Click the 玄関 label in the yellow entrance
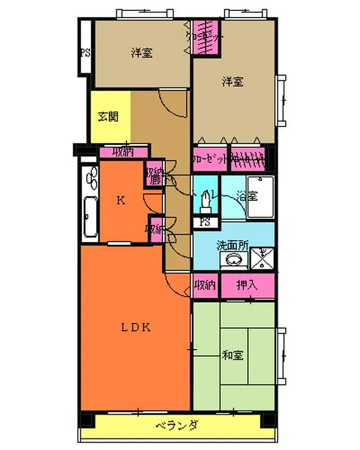click(109, 117)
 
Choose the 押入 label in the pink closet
click(246, 284)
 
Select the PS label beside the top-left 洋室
click(85, 52)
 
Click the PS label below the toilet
click(206, 222)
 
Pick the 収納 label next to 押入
click(206, 284)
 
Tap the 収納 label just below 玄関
click(123, 151)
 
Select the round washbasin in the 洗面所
click(233, 260)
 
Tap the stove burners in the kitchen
click(92, 179)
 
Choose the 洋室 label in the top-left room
click(141, 53)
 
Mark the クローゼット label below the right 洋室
click(210, 157)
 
